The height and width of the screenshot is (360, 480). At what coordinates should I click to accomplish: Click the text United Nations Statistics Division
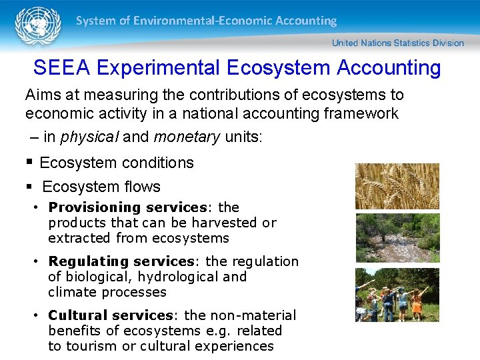tap(397, 43)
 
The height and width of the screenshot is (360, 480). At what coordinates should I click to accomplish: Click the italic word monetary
tap(186, 137)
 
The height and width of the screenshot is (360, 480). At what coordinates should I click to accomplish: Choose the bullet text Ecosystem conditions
tap(117, 163)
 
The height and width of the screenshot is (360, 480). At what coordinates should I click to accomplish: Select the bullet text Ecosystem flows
tap(101, 187)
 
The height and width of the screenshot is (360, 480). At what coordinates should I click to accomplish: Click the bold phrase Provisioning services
tap(127, 207)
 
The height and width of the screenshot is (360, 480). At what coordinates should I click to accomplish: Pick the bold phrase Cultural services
tap(111, 315)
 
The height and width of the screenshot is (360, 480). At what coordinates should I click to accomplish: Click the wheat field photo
tap(397, 186)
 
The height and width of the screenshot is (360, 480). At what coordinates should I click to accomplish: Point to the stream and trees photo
tap(397, 238)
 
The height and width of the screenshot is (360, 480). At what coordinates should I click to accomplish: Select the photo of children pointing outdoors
tap(397, 295)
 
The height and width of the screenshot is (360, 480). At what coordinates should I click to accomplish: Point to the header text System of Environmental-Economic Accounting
tap(206, 21)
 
